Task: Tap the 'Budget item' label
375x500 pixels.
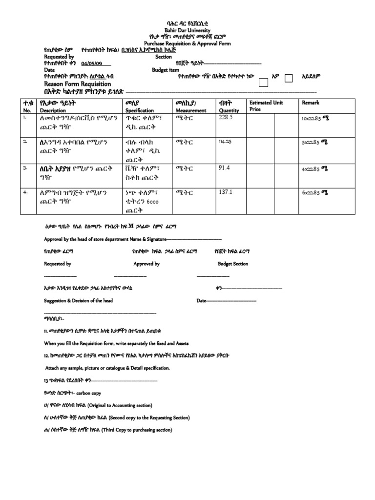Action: (165, 70)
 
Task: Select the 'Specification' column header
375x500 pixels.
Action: (140, 111)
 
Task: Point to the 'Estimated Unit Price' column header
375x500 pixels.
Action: (266, 106)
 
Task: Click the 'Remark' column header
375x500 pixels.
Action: (311, 103)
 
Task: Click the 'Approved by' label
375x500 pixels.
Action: (146, 264)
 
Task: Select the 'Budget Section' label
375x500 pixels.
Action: (233, 264)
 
